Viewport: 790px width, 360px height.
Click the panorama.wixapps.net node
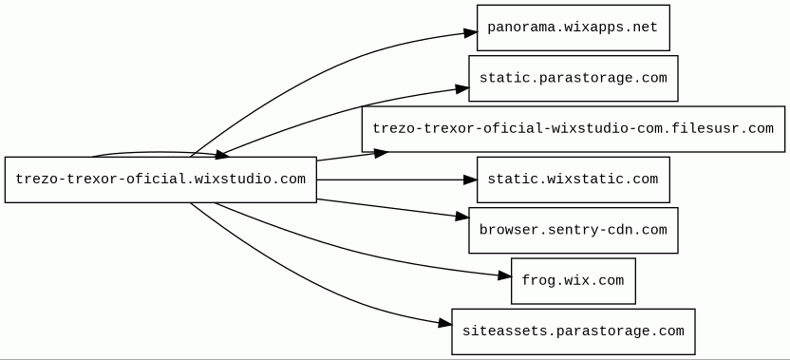(574, 28)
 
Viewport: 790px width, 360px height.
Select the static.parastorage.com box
(574, 78)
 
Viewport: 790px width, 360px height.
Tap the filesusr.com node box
(574, 128)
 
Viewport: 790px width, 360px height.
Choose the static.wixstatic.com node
(574, 180)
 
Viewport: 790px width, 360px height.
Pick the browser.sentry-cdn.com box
(574, 230)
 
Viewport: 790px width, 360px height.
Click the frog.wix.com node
(574, 281)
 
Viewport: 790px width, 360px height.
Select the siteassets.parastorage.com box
(574, 332)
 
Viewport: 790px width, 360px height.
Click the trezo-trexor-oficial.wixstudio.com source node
(160, 180)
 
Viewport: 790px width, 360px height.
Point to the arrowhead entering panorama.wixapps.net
(471, 33)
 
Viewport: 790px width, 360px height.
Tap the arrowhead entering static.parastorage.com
(462, 89)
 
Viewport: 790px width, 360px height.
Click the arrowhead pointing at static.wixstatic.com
(470, 180)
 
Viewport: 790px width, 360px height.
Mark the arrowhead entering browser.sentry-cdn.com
(462, 217)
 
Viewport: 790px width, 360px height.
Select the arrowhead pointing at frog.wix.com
(505, 275)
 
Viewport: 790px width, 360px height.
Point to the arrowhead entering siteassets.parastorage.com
(445, 323)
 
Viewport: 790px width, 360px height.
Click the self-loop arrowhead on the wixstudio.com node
(223, 155)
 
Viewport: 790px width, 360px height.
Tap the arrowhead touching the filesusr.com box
(381, 153)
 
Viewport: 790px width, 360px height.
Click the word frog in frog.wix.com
(538, 281)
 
